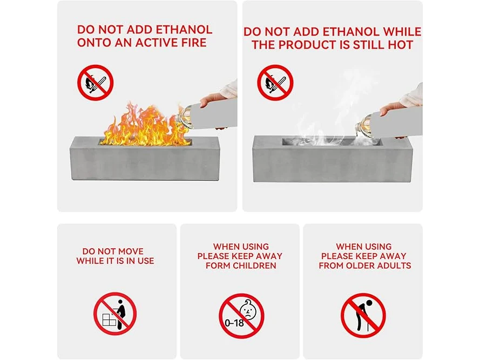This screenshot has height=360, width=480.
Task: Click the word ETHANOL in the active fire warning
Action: click(x=184, y=30)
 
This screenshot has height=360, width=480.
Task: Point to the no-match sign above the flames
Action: click(x=95, y=83)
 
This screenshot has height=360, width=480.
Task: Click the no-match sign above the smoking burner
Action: click(x=275, y=83)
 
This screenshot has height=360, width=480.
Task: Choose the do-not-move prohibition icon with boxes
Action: click(x=115, y=314)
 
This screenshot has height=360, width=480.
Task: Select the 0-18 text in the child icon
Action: click(x=234, y=323)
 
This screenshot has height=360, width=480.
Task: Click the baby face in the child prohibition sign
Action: click(x=248, y=310)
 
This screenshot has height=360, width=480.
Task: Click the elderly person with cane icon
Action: click(x=363, y=315)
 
